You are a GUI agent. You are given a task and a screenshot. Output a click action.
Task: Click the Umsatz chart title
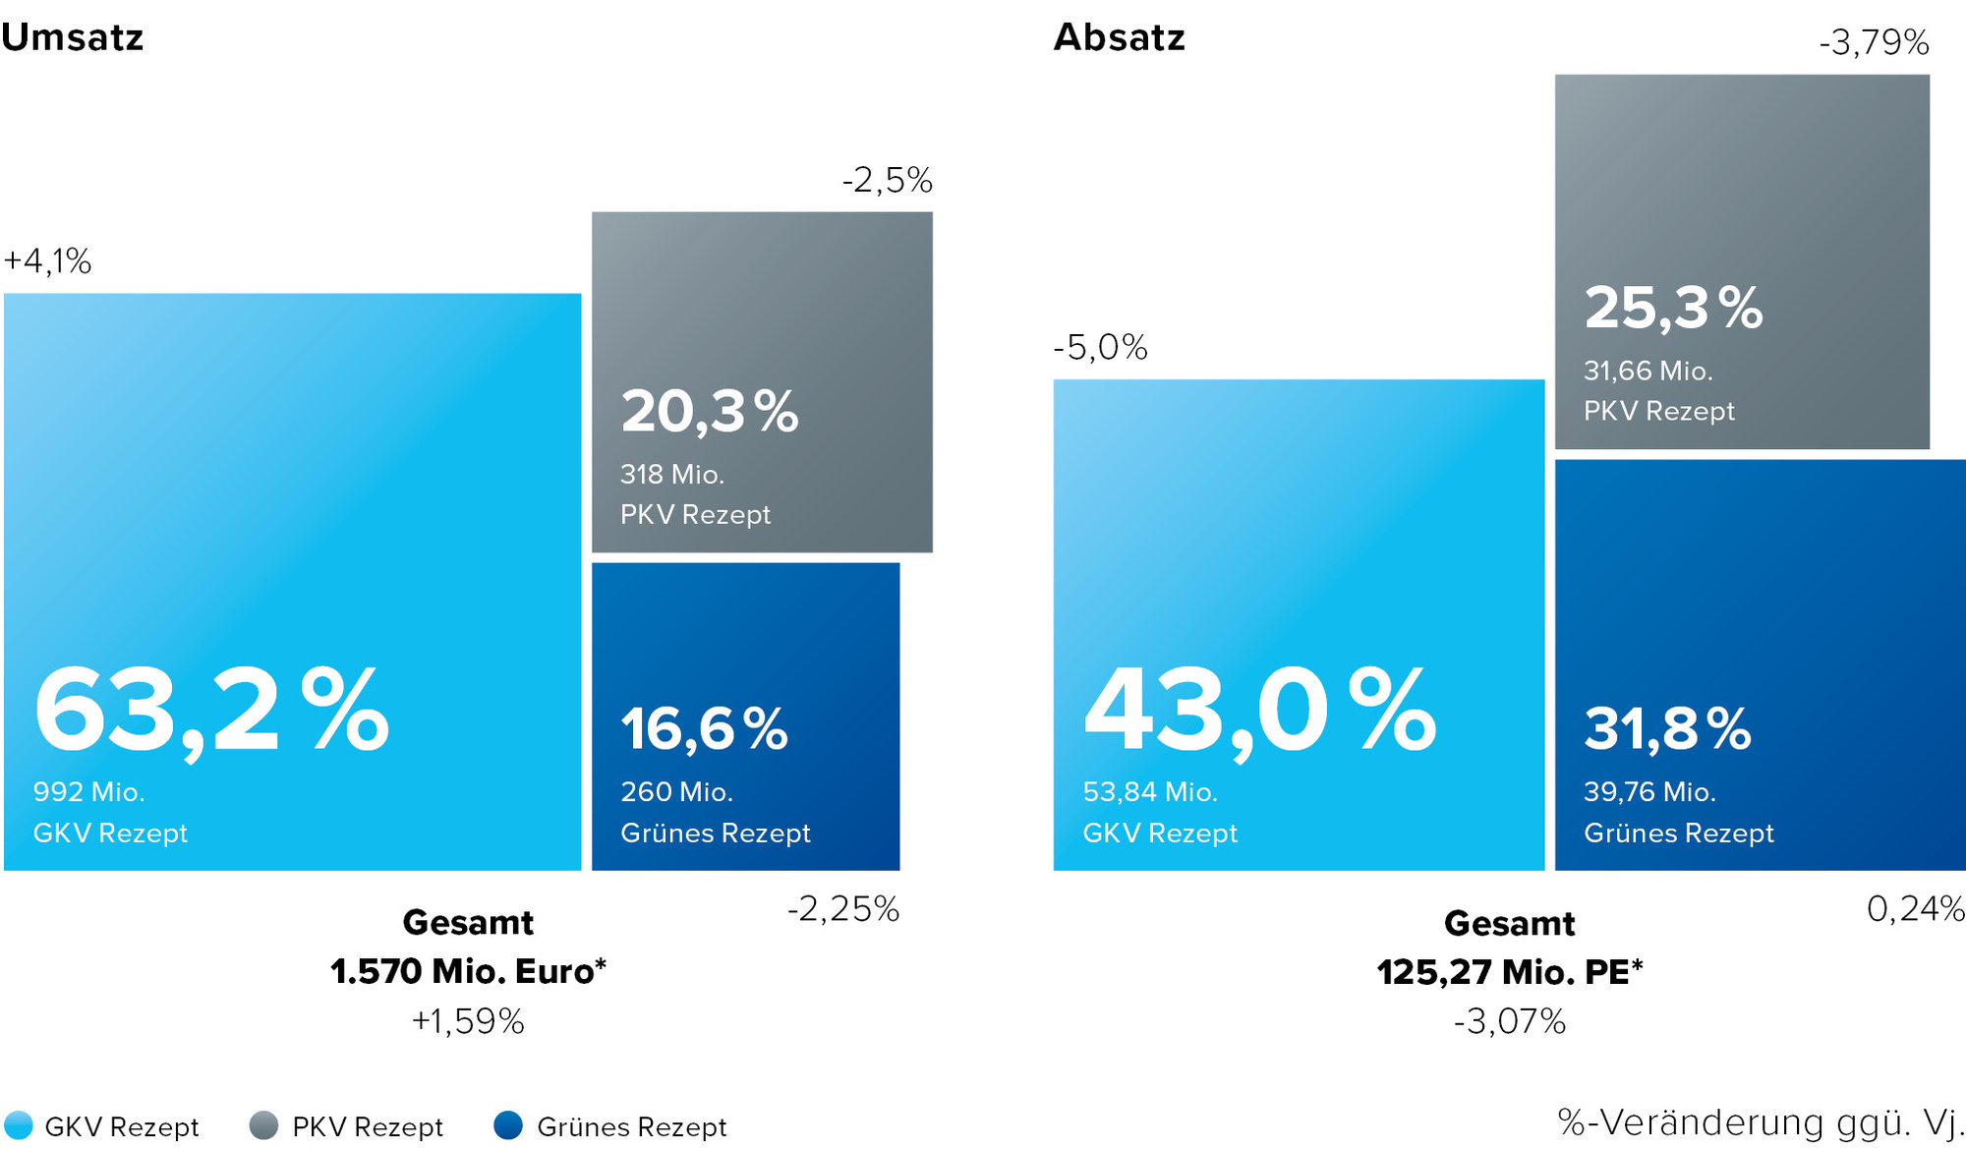click(x=73, y=37)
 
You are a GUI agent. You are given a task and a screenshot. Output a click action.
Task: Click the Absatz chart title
click(x=1120, y=37)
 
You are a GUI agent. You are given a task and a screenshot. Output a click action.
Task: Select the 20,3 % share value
click(x=710, y=411)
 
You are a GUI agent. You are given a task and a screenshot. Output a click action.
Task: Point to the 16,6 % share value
click(x=704, y=728)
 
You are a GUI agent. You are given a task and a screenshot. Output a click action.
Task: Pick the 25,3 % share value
click(x=1673, y=307)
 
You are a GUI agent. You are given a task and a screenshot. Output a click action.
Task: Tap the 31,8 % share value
click(x=1667, y=728)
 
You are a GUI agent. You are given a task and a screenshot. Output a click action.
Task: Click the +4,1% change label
click(x=47, y=261)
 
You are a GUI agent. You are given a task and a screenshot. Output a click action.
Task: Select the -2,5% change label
click(x=887, y=180)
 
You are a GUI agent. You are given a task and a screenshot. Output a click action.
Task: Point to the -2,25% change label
click(x=843, y=909)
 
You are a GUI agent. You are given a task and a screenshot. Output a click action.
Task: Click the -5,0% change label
click(x=1100, y=347)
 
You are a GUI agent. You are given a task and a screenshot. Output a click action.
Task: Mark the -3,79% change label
click(x=1874, y=42)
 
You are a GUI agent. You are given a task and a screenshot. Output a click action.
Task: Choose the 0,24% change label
click(x=1916, y=909)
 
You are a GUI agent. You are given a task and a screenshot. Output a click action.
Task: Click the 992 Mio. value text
click(x=88, y=792)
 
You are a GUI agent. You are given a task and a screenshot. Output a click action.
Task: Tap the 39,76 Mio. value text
click(x=1649, y=792)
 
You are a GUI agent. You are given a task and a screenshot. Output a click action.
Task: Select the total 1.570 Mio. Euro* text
click(x=468, y=971)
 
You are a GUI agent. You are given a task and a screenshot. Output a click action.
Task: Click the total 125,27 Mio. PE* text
click(x=1509, y=971)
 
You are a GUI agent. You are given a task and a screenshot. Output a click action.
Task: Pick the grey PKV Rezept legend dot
click(x=263, y=1125)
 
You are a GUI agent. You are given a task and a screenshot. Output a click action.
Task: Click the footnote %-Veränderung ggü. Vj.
click(x=1762, y=1121)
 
